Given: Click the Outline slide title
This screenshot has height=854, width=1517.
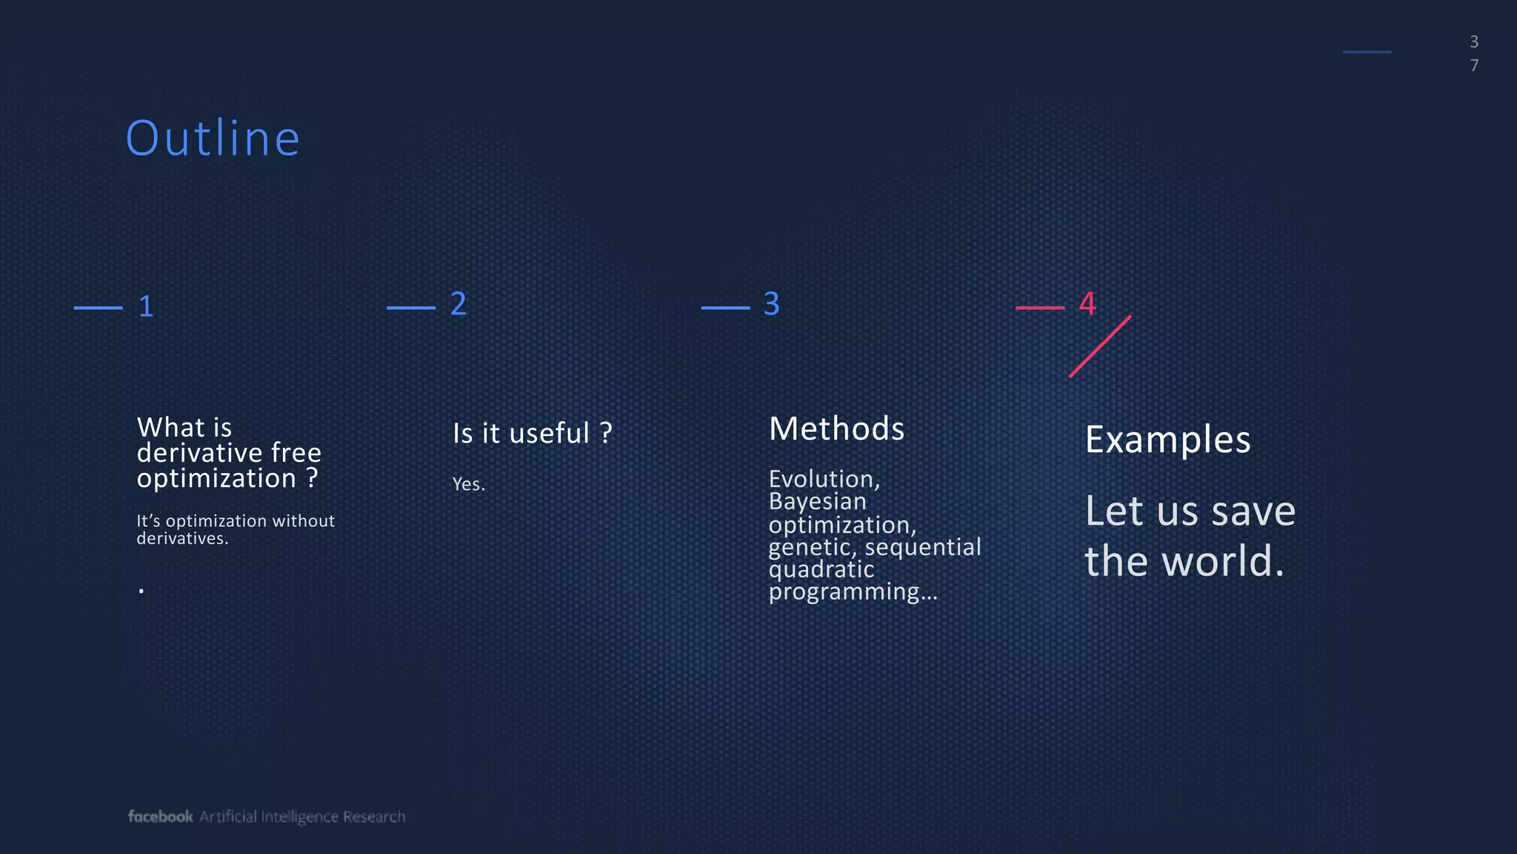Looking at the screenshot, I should [x=213, y=139].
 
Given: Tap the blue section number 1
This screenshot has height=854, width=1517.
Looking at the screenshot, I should [x=146, y=307].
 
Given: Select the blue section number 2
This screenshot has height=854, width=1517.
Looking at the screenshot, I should [x=459, y=304].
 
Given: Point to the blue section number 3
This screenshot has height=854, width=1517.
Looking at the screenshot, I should [x=771, y=304].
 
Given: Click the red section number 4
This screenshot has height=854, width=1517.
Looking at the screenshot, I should [x=1087, y=303].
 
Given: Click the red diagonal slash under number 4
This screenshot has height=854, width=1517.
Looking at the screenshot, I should [x=1100, y=346].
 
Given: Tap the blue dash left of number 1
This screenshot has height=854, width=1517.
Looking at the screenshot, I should [x=99, y=308].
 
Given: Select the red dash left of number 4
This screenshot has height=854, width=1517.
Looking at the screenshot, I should [x=1040, y=308].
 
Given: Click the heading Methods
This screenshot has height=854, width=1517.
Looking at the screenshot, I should [x=836, y=429].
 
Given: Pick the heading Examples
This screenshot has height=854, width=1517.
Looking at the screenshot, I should [x=1167, y=440].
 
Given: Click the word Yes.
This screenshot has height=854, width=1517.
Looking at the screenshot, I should [x=468, y=485].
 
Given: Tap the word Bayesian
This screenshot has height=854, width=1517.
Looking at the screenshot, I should [x=817, y=502].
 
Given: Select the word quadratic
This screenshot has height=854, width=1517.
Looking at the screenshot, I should [x=821, y=569].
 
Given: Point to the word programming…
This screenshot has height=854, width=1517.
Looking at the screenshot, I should [x=853, y=592].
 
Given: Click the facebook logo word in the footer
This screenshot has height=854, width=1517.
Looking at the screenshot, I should [x=160, y=816].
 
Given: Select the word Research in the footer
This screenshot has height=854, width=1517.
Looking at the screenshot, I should [x=374, y=817].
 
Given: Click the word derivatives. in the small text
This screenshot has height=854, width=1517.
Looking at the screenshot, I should [x=182, y=539].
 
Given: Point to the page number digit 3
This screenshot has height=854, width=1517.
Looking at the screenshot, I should [x=1474, y=42].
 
